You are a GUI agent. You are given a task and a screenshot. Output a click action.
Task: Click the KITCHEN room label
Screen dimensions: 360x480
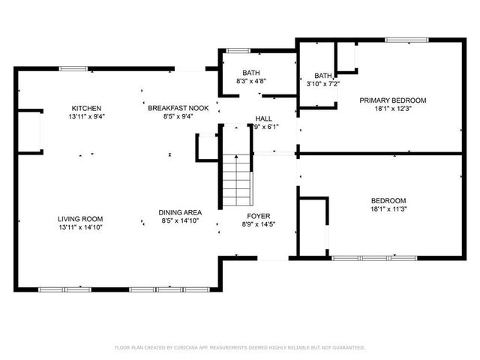point(80,107)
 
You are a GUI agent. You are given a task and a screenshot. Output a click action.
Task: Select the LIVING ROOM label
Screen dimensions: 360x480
point(80,218)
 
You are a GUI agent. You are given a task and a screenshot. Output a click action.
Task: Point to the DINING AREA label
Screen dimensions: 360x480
point(180,212)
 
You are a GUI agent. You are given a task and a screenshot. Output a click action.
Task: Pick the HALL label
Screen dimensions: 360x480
point(263,118)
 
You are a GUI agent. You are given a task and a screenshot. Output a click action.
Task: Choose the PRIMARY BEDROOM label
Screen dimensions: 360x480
point(392,100)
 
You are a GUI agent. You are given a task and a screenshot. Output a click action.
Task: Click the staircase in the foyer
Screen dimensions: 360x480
point(236,181)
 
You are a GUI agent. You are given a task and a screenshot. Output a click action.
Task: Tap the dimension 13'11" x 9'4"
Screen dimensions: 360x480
point(80,116)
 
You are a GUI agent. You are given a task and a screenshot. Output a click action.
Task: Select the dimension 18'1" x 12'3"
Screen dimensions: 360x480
point(392,109)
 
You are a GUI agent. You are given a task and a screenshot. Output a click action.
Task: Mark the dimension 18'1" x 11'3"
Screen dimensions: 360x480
point(388,209)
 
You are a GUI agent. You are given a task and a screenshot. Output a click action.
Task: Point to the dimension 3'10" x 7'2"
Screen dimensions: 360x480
point(322,84)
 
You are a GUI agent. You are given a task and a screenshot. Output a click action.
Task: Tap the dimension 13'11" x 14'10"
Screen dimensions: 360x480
point(80,227)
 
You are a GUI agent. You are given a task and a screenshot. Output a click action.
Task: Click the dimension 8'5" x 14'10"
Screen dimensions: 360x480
point(180,221)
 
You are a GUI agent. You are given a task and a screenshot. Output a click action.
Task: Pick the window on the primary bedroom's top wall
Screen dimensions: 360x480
point(406,40)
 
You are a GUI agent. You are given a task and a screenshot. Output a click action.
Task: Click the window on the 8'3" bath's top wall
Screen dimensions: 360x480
point(238,51)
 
